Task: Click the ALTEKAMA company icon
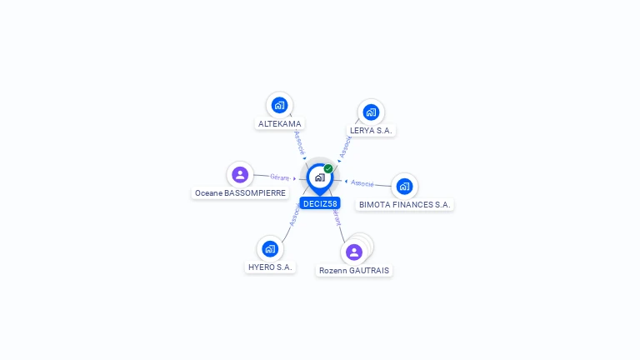[x=279, y=105]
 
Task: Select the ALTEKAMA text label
[x=279, y=124]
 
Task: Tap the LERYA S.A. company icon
[x=371, y=112]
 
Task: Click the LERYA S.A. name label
[x=371, y=131]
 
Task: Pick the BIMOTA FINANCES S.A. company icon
[x=404, y=186]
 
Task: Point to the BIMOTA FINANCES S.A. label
[x=404, y=204]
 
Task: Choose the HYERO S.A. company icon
[x=269, y=248]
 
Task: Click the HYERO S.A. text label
[x=270, y=267]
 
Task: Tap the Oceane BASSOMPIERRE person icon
[x=240, y=174]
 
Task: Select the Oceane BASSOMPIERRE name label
[x=240, y=192]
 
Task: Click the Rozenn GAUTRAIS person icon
[x=354, y=252]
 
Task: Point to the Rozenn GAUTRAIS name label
[x=354, y=271]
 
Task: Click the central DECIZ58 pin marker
[x=319, y=177]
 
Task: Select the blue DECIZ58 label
[x=320, y=203]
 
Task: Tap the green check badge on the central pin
[x=328, y=169]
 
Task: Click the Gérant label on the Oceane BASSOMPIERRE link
[x=279, y=177]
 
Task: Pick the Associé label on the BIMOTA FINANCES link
[x=362, y=182]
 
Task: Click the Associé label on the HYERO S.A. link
[x=294, y=215]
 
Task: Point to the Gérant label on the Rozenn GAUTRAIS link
[x=337, y=217]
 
